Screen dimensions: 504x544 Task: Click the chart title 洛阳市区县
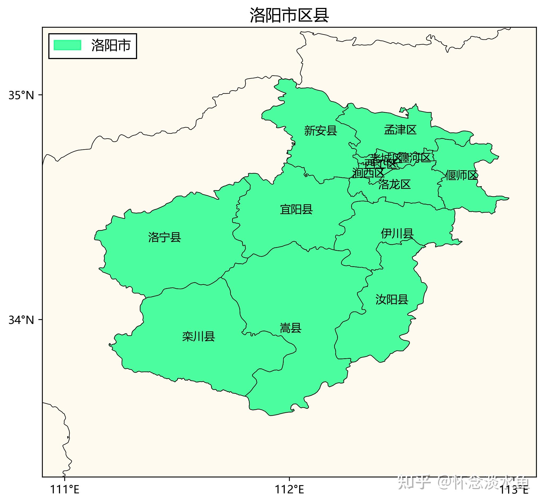289,15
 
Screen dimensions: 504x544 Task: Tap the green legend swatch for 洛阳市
67,45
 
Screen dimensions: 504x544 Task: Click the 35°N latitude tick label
21,95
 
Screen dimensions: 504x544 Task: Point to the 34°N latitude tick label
21,320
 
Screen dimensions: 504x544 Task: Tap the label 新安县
321,131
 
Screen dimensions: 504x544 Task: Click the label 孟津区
400,130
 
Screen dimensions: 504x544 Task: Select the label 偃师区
461,175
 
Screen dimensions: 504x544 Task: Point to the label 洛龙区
394,185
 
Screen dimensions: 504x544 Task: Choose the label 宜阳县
296,210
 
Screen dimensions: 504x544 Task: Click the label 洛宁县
164,237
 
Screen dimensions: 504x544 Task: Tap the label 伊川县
397,234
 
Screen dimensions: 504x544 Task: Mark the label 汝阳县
392,299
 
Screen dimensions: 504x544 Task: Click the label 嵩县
291,328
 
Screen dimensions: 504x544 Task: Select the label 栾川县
199,336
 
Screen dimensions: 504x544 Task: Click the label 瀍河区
417,158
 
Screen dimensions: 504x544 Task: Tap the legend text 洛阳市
111,45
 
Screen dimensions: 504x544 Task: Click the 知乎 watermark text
414,482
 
